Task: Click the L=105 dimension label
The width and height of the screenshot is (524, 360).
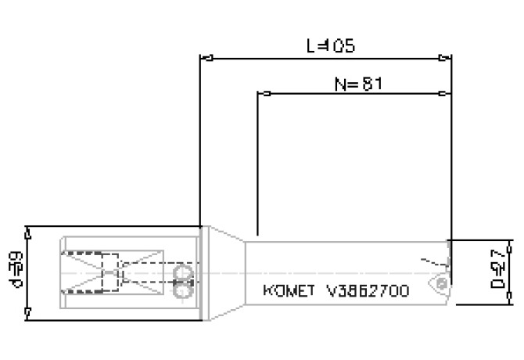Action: tap(329, 45)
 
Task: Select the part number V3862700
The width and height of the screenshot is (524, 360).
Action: tap(367, 290)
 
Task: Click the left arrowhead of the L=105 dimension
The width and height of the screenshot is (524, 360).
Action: tap(207, 58)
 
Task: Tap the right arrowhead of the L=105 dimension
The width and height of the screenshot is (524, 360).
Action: tap(445, 58)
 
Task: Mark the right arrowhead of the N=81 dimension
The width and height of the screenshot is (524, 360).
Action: tap(445, 94)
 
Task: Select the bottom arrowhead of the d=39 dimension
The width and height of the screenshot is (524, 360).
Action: tap(28, 314)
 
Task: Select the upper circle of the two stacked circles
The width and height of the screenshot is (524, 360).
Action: tap(184, 271)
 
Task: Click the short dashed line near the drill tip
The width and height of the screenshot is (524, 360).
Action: tap(425, 261)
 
